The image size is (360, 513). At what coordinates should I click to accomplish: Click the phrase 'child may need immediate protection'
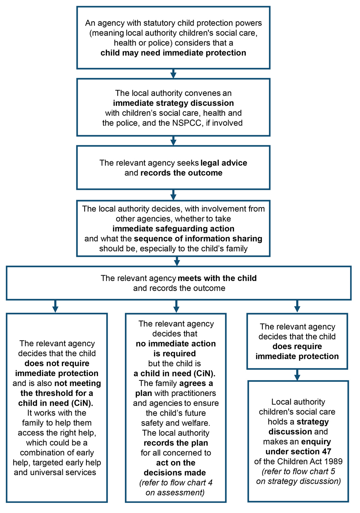[173, 53]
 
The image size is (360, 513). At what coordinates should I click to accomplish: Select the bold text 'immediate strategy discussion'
[173, 103]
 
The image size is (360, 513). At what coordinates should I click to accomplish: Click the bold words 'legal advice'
[224, 163]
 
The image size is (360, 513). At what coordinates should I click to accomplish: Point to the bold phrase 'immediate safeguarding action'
[173, 229]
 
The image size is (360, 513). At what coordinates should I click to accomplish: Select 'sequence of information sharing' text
[198, 239]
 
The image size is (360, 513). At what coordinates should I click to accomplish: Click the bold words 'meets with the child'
[217, 278]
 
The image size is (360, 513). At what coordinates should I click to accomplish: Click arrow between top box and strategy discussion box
[173, 74]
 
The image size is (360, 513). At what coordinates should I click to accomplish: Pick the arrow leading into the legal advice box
[173, 141]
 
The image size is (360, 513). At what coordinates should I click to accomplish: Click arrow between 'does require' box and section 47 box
[297, 375]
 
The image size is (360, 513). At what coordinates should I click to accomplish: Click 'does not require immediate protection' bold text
[57, 369]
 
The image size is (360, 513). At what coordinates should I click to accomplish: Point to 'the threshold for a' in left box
[57, 393]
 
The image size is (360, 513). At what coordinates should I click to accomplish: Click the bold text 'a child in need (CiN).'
[175, 374]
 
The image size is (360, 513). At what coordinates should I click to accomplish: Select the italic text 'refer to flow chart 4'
[176, 483]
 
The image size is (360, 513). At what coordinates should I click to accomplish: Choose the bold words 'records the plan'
[176, 443]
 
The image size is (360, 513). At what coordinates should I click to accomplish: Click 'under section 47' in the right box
[298, 452]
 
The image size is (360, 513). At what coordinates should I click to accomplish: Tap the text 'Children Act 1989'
[310, 461]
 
